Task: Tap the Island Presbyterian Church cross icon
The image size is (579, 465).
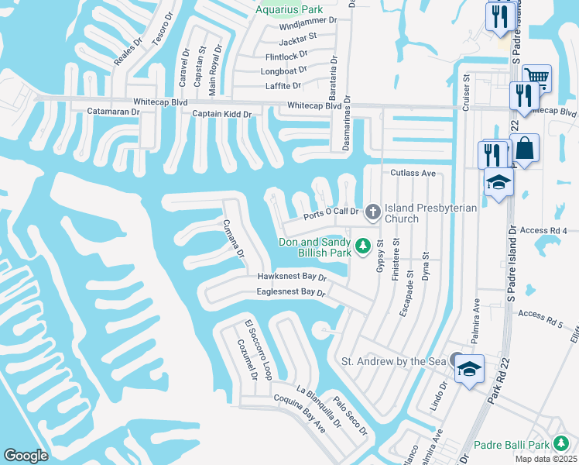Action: click(x=372, y=211)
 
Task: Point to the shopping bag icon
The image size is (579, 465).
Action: click(x=524, y=148)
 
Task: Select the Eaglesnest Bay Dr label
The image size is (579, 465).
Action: click(x=290, y=292)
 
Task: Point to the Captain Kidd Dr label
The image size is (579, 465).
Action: click(x=222, y=115)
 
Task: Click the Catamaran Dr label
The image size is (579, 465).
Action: click(x=114, y=112)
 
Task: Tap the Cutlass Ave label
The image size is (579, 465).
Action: click(x=413, y=173)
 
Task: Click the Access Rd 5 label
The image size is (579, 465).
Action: click(x=541, y=314)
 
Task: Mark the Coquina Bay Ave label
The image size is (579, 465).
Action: click(x=300, y=412)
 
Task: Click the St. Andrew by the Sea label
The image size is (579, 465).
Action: click(x=393, y=361)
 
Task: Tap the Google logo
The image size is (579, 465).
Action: click(x=26, y=456)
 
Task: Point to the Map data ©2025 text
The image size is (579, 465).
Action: click(x=546, y=459)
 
